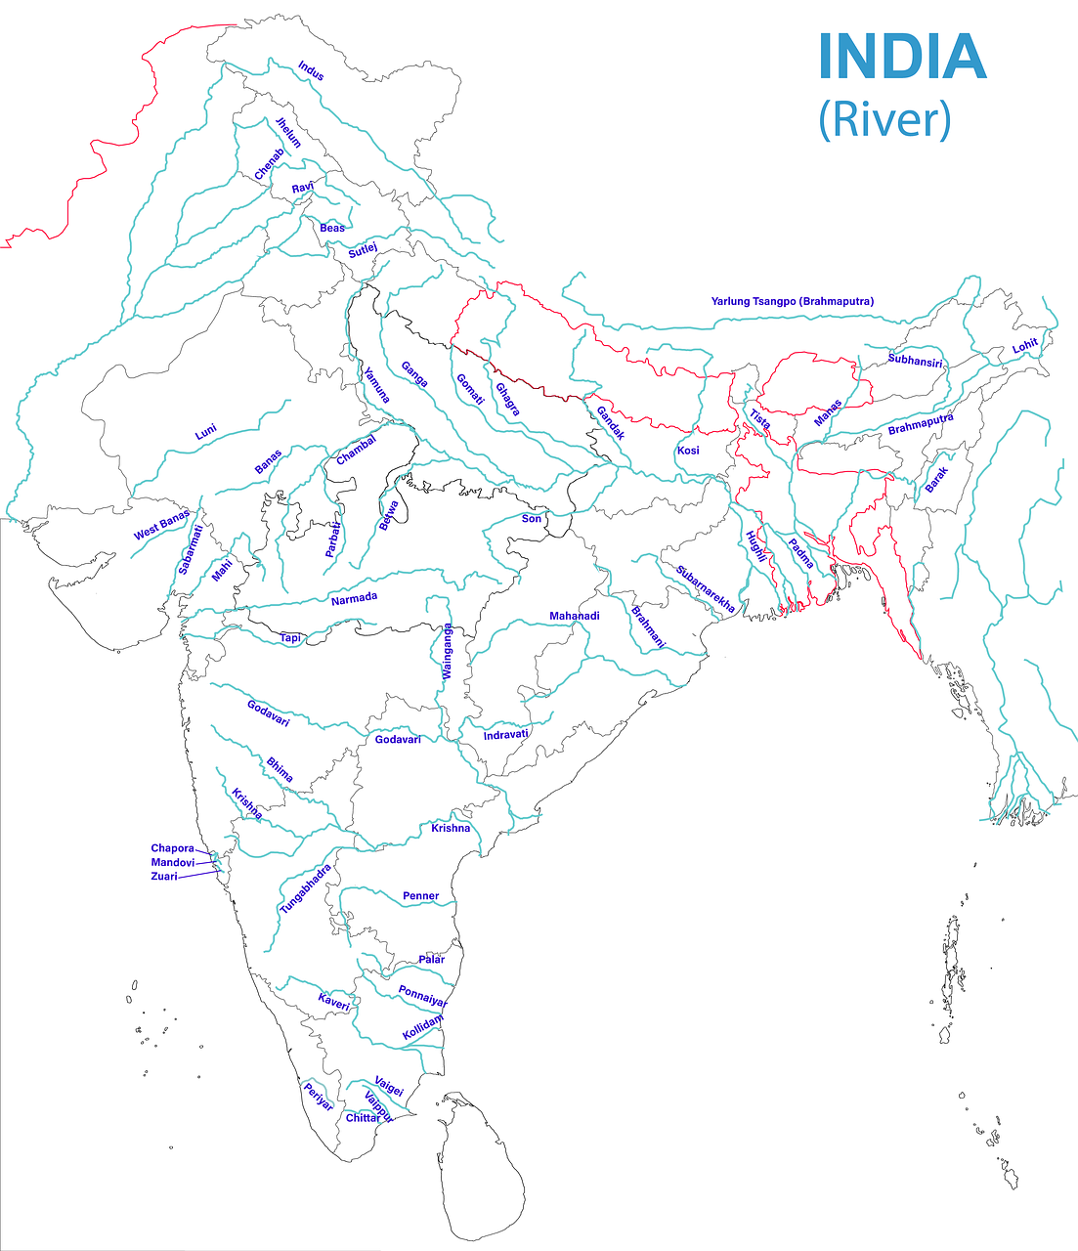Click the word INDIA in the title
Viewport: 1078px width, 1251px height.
coord(901,57)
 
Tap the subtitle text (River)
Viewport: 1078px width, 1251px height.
coord(884,119)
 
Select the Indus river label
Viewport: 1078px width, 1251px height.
coord(311,70)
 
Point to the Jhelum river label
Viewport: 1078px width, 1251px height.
coord(288,132)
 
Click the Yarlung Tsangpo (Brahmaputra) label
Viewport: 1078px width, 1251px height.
coord(792,301)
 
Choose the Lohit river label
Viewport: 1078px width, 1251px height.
coord(1024,346)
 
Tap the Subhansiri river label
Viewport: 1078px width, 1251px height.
coord(915,361)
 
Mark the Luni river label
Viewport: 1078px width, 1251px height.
coord(205,432)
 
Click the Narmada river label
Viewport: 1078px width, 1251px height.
coord(354,598)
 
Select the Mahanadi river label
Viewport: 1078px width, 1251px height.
coord(574,616)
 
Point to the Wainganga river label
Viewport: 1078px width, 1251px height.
coord(447,652)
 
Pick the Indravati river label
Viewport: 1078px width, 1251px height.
coord(506,734)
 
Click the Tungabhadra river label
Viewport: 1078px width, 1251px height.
coord(306,888)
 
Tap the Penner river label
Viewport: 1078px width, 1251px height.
coord(420,895)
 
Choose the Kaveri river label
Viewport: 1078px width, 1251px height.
coord(333,1002)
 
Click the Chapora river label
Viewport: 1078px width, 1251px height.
coord(172,848)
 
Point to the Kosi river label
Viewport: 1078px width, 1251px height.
coord(687,451)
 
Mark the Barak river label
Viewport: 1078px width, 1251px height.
coord(936,479)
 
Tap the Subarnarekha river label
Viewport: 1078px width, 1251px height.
coord(705,589)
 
